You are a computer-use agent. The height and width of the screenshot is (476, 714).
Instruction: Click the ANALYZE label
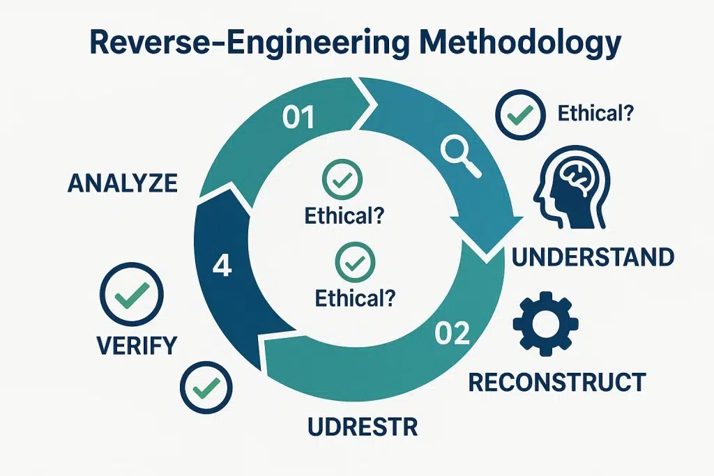[123, 183]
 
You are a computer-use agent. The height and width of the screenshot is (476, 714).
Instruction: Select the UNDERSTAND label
[593, 257]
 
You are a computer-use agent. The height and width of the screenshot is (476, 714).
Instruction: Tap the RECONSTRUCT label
[556, 381]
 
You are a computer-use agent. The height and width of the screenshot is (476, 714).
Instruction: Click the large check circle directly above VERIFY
[132, 295]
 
